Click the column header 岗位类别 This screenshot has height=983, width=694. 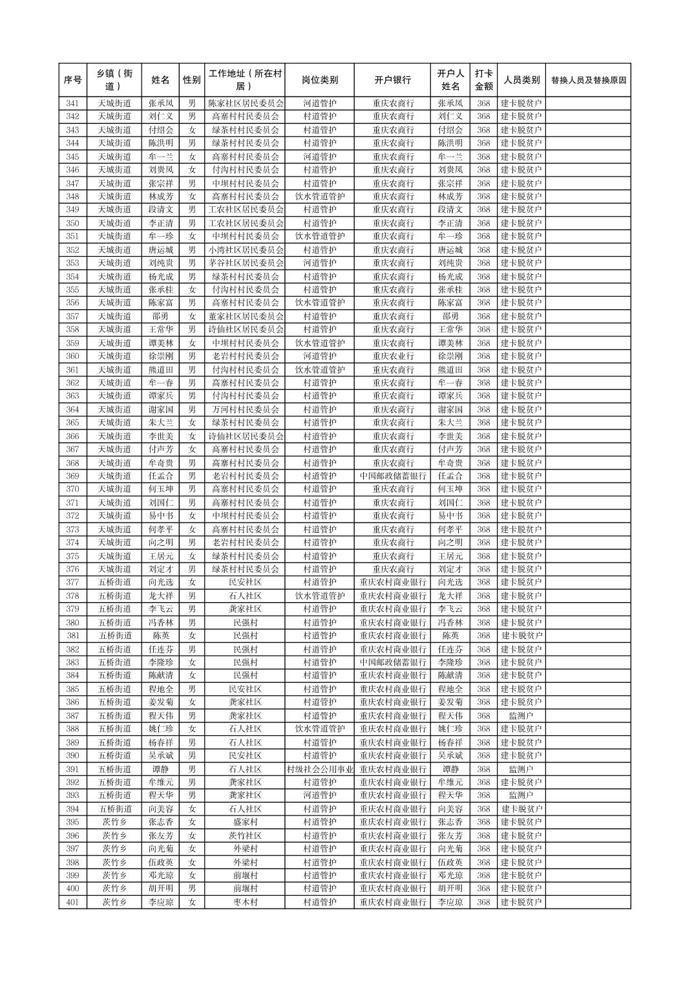[x=319, y=80]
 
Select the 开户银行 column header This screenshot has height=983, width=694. [x=392, y=80]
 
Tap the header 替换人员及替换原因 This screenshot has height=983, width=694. [x=587, y=80]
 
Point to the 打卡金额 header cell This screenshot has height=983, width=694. [x=483, y=80]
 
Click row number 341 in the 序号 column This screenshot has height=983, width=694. [x=72, y=103]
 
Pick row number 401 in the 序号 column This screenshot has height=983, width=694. [x=72, y=902]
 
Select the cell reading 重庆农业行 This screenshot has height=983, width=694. [x=392, y=356]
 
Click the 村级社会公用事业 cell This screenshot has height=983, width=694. [x=319, y=769]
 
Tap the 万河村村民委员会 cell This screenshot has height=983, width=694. [x=244, y=409]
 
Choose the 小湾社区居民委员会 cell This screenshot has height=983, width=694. [x=244, y=250]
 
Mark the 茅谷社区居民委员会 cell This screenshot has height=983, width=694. [x=244, y=263]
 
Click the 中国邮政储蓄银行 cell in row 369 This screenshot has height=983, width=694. [x=392, y=476]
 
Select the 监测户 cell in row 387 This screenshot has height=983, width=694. [x=521, y=716]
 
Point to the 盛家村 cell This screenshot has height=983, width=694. [x=244, y=822]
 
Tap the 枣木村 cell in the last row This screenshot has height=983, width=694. [x=244, y=902]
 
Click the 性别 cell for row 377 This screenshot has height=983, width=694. [x=191, y=583]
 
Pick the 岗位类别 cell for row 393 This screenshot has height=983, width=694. [x=319, y=795]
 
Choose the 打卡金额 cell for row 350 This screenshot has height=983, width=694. [x=483, y=223]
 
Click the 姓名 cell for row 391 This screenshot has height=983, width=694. [x=160, y=769]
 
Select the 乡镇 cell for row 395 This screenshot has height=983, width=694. [x=114, y=822]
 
